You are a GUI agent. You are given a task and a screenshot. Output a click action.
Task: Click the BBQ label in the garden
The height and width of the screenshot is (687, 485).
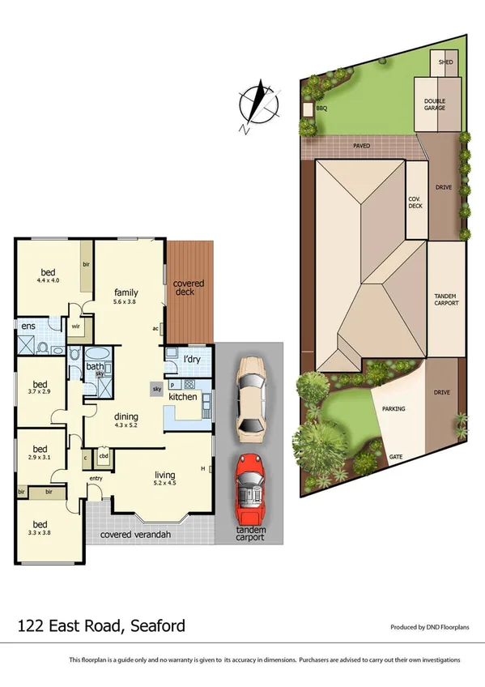coord(321,108)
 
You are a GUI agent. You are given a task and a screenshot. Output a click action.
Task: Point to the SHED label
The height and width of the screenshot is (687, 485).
coord(445,62)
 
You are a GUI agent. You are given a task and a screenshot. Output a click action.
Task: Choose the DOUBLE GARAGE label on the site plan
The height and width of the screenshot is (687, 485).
coord(435,105)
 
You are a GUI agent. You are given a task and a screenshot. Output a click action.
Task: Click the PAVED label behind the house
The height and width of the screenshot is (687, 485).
coord(361,147)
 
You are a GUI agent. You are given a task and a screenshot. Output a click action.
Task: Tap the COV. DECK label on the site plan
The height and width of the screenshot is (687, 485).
coord(415,203)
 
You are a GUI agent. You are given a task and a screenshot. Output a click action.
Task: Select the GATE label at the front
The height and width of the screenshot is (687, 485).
coord(397,457)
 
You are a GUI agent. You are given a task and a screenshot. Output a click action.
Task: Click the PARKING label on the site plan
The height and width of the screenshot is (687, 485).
coord(394,409)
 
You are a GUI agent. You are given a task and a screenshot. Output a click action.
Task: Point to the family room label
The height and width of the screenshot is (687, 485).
coord(126,292)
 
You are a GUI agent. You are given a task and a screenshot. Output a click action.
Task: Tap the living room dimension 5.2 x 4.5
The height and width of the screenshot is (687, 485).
coord(165,483)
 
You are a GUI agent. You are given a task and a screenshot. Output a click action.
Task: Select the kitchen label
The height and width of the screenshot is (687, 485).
coord(183,397)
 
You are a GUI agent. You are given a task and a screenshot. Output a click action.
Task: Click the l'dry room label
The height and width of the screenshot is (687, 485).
coord(192,358)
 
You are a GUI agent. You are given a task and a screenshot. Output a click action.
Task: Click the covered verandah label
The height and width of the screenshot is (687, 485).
coord(135,535)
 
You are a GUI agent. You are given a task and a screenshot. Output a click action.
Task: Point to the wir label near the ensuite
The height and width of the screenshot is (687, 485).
coord(75,328)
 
